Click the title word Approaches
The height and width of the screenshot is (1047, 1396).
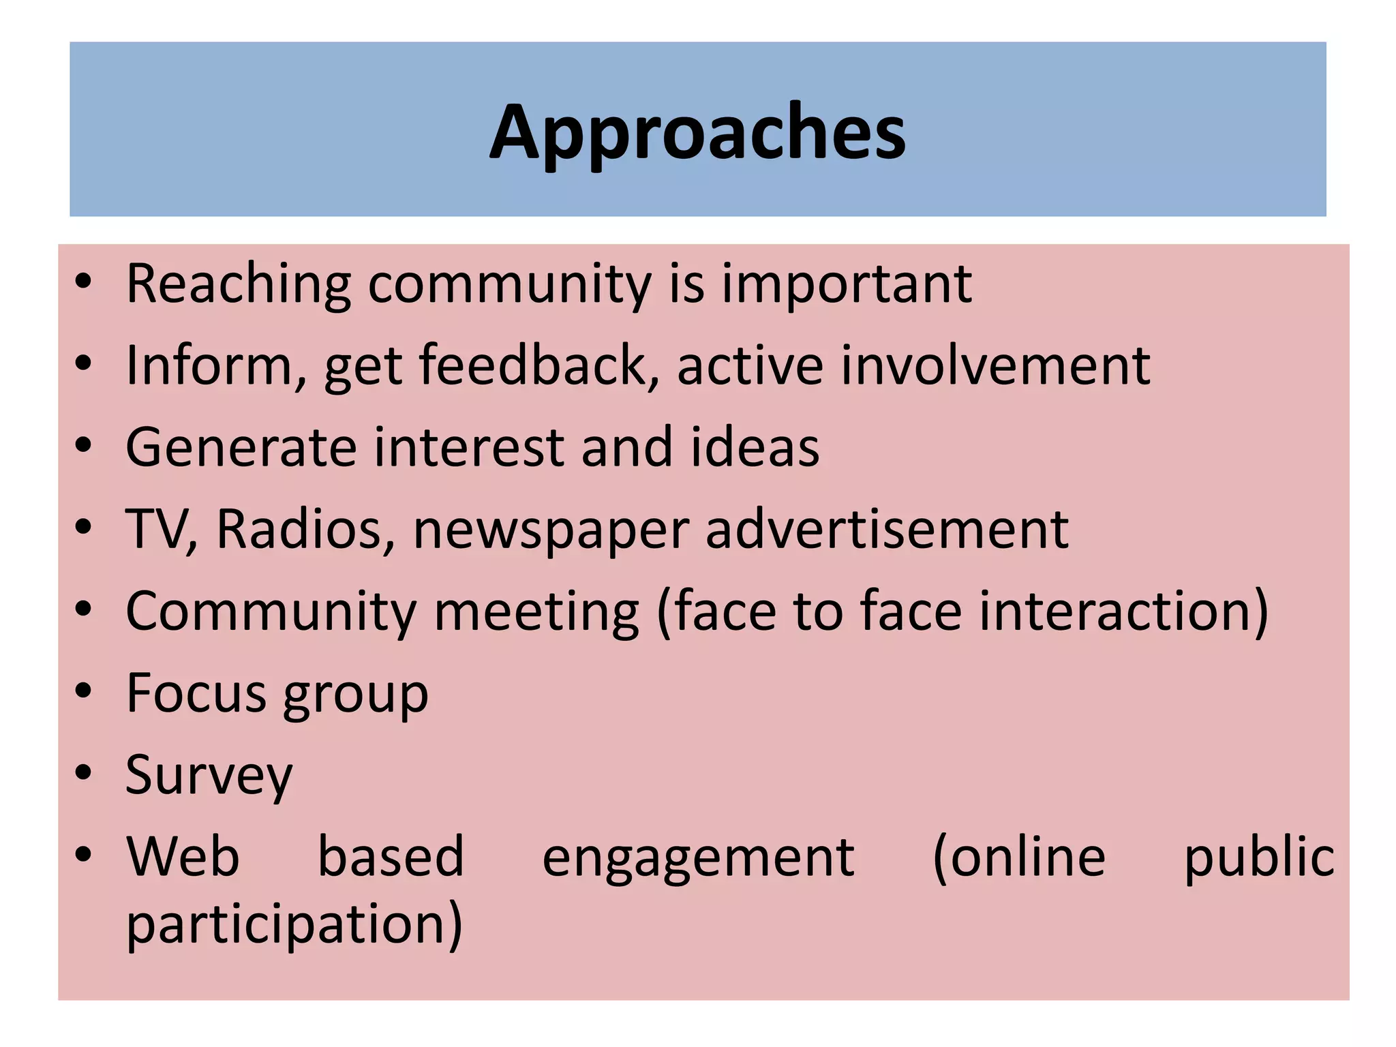[x=697, y=133]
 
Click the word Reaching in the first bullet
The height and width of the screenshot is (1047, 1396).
[x=239, y=284]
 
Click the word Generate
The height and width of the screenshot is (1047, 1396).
[x=241, y=448]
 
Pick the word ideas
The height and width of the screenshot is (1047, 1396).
[x=755, y=448]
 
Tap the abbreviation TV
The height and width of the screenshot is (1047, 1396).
[x=157, y=530]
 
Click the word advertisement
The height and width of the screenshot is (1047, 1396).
[x=887, y=530]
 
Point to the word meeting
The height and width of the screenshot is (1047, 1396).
[x=536, y=612]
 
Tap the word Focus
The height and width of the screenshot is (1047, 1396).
[x=196, y=693]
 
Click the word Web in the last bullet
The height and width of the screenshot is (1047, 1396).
[x=183, y=857]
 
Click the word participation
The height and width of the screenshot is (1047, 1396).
[x=293, y=925]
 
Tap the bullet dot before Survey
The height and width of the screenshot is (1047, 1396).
[x=83, y=774]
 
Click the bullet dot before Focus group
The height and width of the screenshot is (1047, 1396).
[x=83, y=691]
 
